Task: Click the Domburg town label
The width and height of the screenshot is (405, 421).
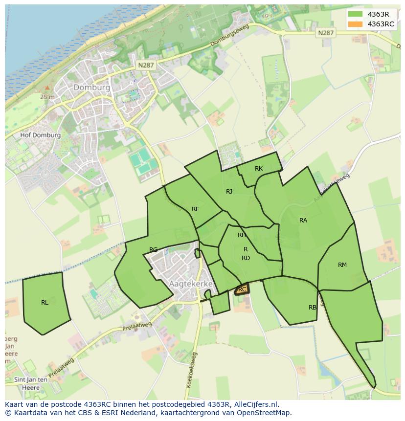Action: (91, 87)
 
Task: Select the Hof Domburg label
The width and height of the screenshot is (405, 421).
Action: (41, 135)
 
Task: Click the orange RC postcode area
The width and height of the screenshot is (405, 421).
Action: (242, 289)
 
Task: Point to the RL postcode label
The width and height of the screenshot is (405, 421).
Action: (45, 303)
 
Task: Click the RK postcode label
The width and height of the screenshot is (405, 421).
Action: (259, 169)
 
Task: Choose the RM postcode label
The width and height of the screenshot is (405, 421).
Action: (342, 265)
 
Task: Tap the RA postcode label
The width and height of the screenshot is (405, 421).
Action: (303, 221)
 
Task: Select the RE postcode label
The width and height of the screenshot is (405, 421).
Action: (196, 209)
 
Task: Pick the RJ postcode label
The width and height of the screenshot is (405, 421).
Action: (229, 192)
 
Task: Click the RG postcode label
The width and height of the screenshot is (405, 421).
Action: (154, 250)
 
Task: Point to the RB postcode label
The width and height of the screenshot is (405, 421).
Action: (313, 308)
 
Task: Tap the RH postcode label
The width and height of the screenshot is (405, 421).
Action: (242, 235)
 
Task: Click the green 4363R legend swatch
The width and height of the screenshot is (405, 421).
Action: (356, 14)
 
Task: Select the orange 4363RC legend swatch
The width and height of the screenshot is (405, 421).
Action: (356, 24)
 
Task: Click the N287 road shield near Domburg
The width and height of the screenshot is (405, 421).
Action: (146, 65)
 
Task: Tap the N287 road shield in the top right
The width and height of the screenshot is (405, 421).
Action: (325, 33)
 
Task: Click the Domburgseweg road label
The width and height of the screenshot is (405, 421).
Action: (230, 36)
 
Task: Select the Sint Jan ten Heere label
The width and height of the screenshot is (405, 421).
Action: (31, 383)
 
